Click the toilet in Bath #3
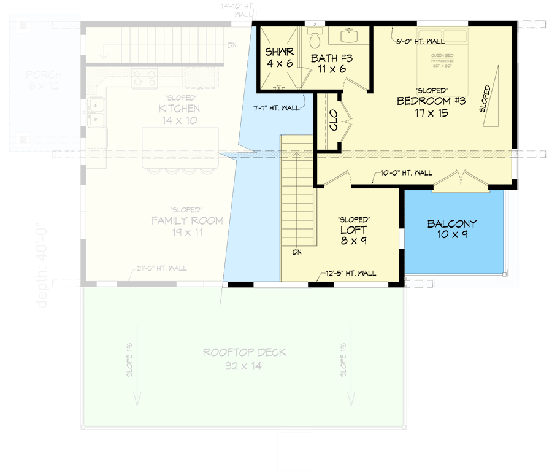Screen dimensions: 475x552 point(315,39)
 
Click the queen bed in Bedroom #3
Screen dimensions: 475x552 point(443,59)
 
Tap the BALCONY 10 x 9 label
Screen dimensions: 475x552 point(452,229)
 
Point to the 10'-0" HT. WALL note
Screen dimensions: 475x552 point(406,174)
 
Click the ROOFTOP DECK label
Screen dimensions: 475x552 point(245,359)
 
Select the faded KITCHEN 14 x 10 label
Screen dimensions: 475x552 point(179,115)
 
